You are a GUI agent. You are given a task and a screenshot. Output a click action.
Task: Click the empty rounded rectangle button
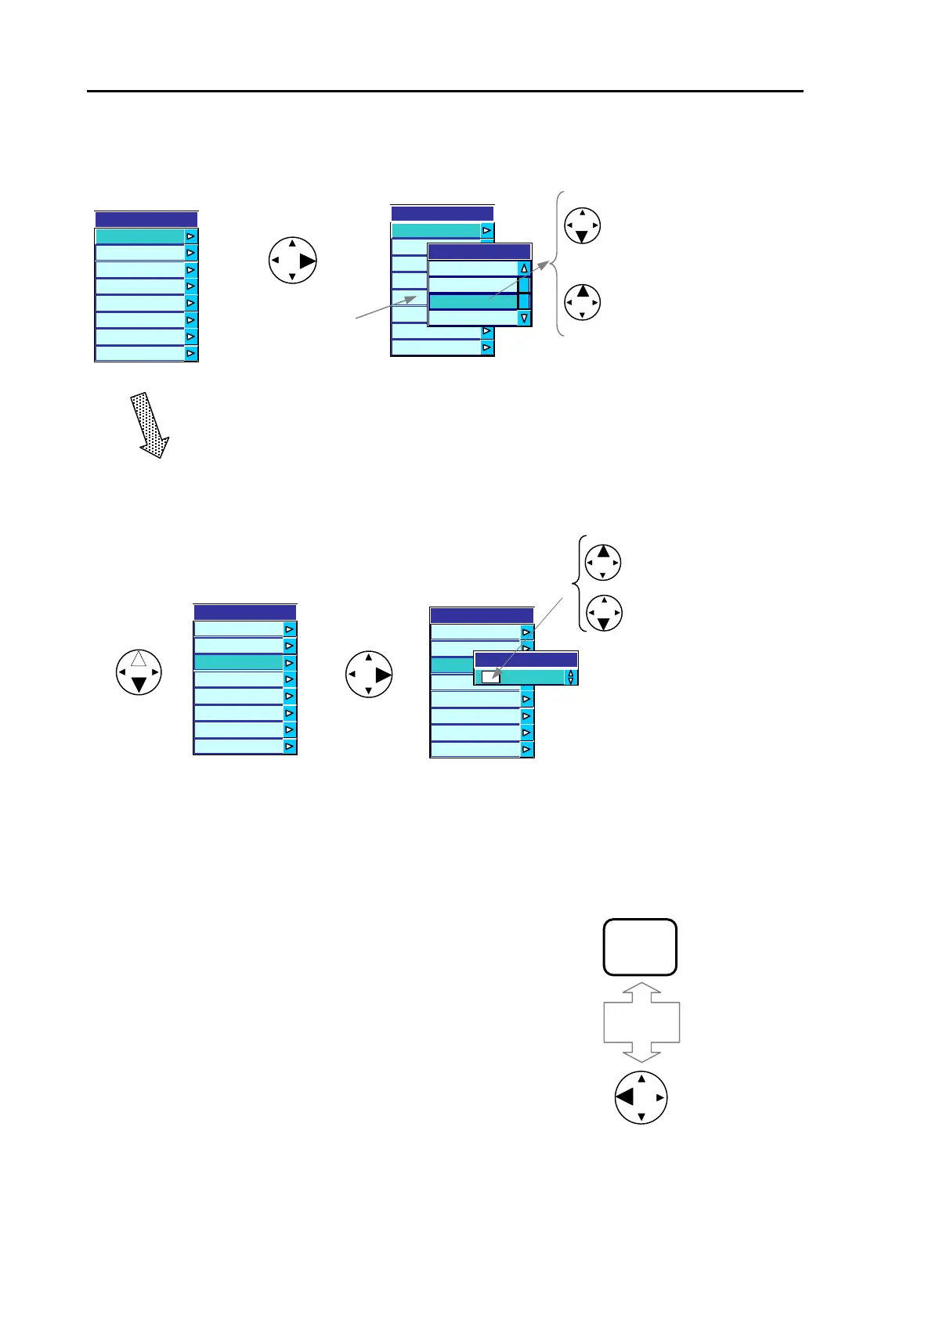[640, 947]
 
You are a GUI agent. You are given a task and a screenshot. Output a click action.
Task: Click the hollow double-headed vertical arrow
[641, 1022]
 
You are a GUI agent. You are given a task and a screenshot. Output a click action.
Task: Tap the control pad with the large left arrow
[641, 1097]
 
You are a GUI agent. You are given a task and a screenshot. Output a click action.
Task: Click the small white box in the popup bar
[491, 677]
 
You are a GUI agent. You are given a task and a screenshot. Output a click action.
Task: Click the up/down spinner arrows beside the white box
[571, 677]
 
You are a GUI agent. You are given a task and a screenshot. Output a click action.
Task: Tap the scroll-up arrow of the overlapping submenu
[524, 268]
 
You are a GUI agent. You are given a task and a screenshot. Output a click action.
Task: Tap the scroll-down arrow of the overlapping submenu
[524, 318]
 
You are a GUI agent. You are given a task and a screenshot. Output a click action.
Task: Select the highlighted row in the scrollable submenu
[473, 301]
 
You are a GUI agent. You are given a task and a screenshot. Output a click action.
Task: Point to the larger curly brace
[557, 264]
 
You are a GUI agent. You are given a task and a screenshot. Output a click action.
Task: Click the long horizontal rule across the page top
[445, 92]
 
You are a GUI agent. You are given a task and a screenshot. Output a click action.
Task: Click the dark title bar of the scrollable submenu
[479, 252]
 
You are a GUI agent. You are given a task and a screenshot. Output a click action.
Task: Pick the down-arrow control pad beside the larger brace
[582, 225]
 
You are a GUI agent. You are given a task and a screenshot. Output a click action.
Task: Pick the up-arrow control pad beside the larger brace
[582, 302]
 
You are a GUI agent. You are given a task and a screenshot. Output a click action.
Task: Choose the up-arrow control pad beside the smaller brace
[603, 562]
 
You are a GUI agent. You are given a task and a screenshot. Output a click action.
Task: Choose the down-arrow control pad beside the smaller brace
[603, 613]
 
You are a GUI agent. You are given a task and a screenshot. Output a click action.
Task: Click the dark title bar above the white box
[526, 660]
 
